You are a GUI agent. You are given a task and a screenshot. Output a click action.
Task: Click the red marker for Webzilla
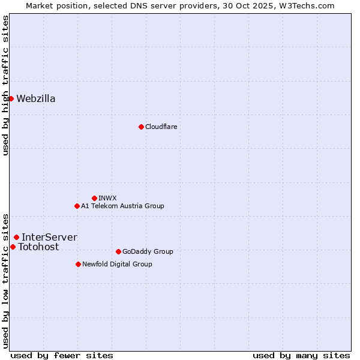click(x=11, y=98)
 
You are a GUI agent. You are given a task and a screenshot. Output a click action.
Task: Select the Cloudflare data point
click(x=141, y=127)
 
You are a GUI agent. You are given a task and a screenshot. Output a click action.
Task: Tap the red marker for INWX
click(x=94, y=198)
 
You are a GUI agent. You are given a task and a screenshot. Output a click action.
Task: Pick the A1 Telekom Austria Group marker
click(x=77, y=206)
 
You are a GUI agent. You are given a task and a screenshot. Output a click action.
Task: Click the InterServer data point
click(x=16, y=237)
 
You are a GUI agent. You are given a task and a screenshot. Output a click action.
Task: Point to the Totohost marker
click(x=13, y=247)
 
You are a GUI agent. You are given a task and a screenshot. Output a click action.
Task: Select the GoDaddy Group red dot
click(x=118, y=251)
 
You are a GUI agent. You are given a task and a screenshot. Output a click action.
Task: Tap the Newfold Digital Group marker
click(x=78, y=264)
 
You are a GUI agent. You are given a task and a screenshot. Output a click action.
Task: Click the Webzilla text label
click(x=36, y=99)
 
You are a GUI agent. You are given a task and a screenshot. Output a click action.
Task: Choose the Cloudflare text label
click(x=161, y=127)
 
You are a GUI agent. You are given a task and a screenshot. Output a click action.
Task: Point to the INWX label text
click(x=107, y=198)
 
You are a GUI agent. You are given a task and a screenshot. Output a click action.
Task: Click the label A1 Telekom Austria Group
click(x=122, y=206)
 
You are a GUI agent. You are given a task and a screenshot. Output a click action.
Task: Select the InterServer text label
click(x=49, y=237)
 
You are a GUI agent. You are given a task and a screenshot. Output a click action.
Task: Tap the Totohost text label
click(x=38, y=247)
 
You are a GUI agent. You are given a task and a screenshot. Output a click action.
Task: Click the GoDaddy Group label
click(x=148, y=251)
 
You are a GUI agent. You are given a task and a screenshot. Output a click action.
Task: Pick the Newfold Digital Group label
click(x=117, y=264)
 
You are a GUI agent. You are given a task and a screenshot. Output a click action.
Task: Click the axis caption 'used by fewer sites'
click(x=62, y=355)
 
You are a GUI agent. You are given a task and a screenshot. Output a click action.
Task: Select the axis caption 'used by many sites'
click(x=301, y=355)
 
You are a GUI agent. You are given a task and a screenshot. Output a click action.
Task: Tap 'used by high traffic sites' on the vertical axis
click(x=5, y=85)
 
